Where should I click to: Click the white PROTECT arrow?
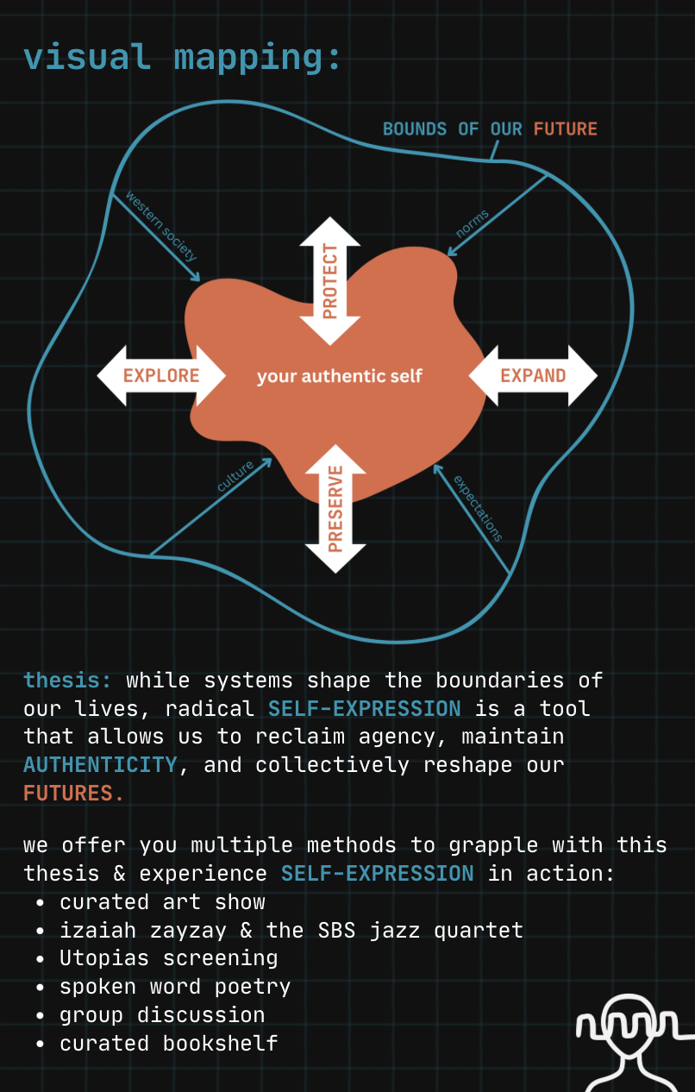(330, 281)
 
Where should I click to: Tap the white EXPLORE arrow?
(161, 375)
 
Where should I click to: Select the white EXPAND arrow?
(533, 375)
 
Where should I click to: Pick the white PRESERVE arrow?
(335, 508)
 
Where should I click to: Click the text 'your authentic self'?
(340, 376)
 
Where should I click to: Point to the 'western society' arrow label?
(161, 225)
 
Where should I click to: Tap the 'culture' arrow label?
(235, 477)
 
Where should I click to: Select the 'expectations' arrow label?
(478, 508)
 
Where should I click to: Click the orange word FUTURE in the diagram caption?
(565, 129)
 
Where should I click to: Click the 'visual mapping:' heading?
(183, 57)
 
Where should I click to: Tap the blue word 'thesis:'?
(67, 680)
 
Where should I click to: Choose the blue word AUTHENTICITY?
(100, 764)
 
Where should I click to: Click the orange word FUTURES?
(73, 793)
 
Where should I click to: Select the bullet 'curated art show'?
(162, 902)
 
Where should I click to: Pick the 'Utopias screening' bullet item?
(168, 958)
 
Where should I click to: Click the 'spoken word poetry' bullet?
(175, 986)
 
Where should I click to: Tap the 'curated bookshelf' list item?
(168, 1043)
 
